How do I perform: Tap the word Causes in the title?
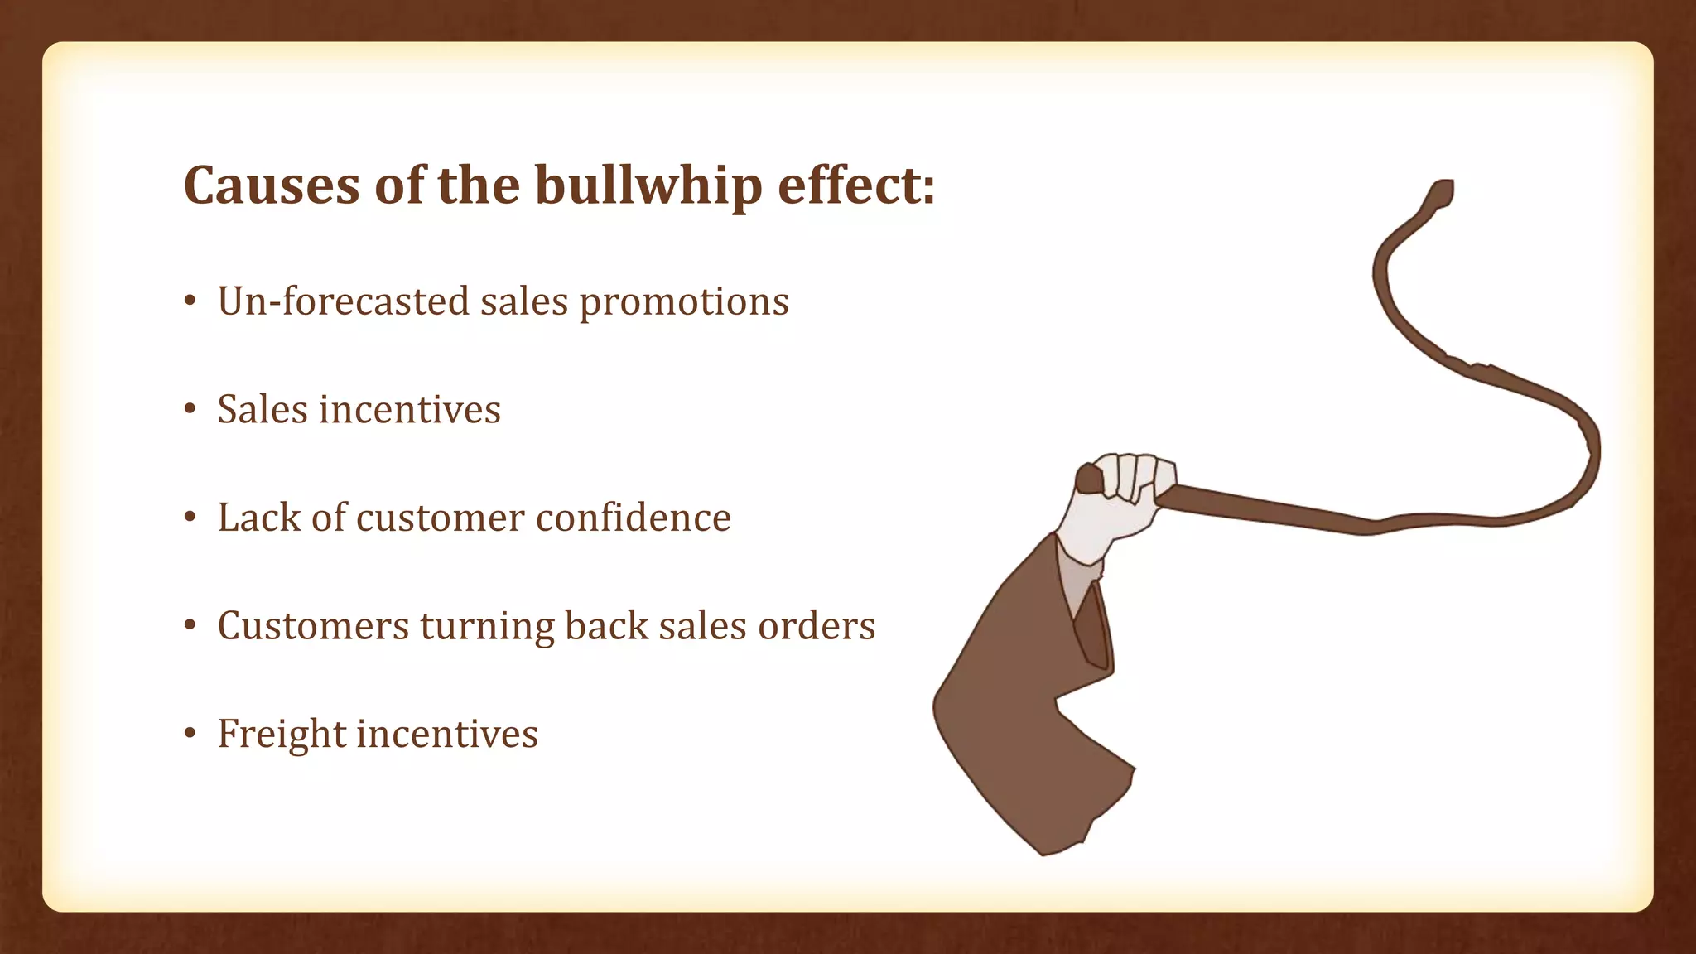[x=272, y=185]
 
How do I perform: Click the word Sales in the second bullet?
[x=262, y=410]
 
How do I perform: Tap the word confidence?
[x=634, y=518]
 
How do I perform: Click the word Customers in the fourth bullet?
[x=313, y=626]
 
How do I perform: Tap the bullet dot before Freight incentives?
[x=190, y=734]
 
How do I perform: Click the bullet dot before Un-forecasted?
[x=190, y=301]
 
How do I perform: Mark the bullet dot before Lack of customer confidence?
[x=190, y=518]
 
